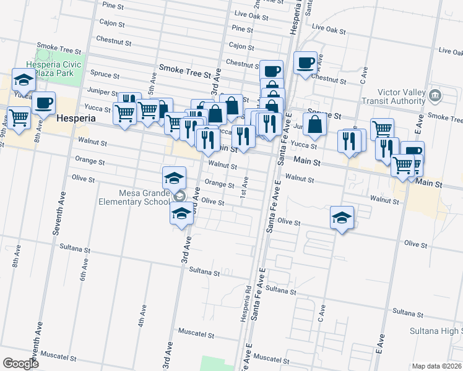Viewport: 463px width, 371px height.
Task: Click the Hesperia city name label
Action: [x=76, y=117]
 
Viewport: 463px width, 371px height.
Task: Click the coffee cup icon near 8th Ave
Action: [x=43, y=103]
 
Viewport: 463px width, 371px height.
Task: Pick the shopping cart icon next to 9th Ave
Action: [x=19, y=117]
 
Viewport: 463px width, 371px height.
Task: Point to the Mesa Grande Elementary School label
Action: [x=134, y=197]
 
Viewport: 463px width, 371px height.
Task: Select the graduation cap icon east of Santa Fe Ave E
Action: [x=341, y=218]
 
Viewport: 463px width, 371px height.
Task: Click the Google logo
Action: [x=20, y=364]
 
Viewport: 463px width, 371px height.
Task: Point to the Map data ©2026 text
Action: [x=436, y=365]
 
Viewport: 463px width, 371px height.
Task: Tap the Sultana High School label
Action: [x=436, y=331]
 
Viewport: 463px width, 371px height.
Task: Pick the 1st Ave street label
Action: [x=245, y=187]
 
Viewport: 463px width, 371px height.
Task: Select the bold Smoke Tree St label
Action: [x=185, y=72]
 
